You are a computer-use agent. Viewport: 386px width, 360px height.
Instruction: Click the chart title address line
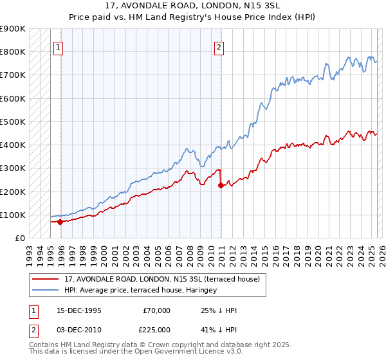point(193,5)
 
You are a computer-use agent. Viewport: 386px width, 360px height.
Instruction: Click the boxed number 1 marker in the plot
point(58,47)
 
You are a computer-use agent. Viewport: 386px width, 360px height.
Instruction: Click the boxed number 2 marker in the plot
point(219,47)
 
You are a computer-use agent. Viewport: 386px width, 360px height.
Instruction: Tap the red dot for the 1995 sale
point(60,222)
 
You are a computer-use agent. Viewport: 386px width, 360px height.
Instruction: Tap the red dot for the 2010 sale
point(221,186)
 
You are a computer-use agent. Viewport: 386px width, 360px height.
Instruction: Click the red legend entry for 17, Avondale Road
point(161,279)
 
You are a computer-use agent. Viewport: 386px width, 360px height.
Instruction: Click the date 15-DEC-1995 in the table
point(79,310)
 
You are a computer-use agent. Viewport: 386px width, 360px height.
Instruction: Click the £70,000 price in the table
point(157,310)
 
